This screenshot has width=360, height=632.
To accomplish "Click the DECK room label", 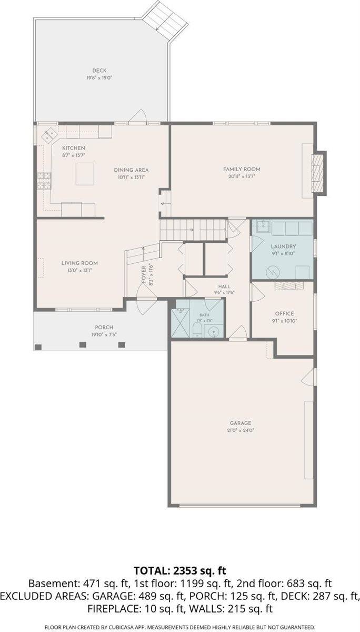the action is tap(99, 71).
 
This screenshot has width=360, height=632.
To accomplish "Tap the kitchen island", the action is tap(85, 174).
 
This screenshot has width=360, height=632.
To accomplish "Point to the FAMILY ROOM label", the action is tap(242, 169).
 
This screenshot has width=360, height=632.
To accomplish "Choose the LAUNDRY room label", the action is tap(283, 246).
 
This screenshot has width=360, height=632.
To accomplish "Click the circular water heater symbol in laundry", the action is tap(273, 272).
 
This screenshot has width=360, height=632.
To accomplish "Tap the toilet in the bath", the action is tap(196, 330).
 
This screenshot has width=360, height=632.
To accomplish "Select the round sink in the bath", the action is tap(214, 331).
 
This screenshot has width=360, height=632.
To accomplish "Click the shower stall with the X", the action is tap(180, 323).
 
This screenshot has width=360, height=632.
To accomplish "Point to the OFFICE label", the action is tap(284, 313).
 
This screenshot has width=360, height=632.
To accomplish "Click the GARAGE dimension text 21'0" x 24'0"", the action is tap(241, 430).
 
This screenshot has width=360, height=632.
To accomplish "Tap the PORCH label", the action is tap(104, 327).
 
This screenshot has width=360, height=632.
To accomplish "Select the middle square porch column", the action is tap(83, 344).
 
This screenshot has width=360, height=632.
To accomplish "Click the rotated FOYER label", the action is tap(144, 274).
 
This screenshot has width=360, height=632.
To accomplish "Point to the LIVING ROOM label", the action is tap(79, 263).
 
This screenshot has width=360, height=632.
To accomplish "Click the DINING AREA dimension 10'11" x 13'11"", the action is tap(132, 177).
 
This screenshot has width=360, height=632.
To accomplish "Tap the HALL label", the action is tap(224, 287).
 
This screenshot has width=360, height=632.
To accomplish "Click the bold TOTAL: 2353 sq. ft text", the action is tap(180, 570).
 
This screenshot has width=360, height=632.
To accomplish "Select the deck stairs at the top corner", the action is tap(165, 21).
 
